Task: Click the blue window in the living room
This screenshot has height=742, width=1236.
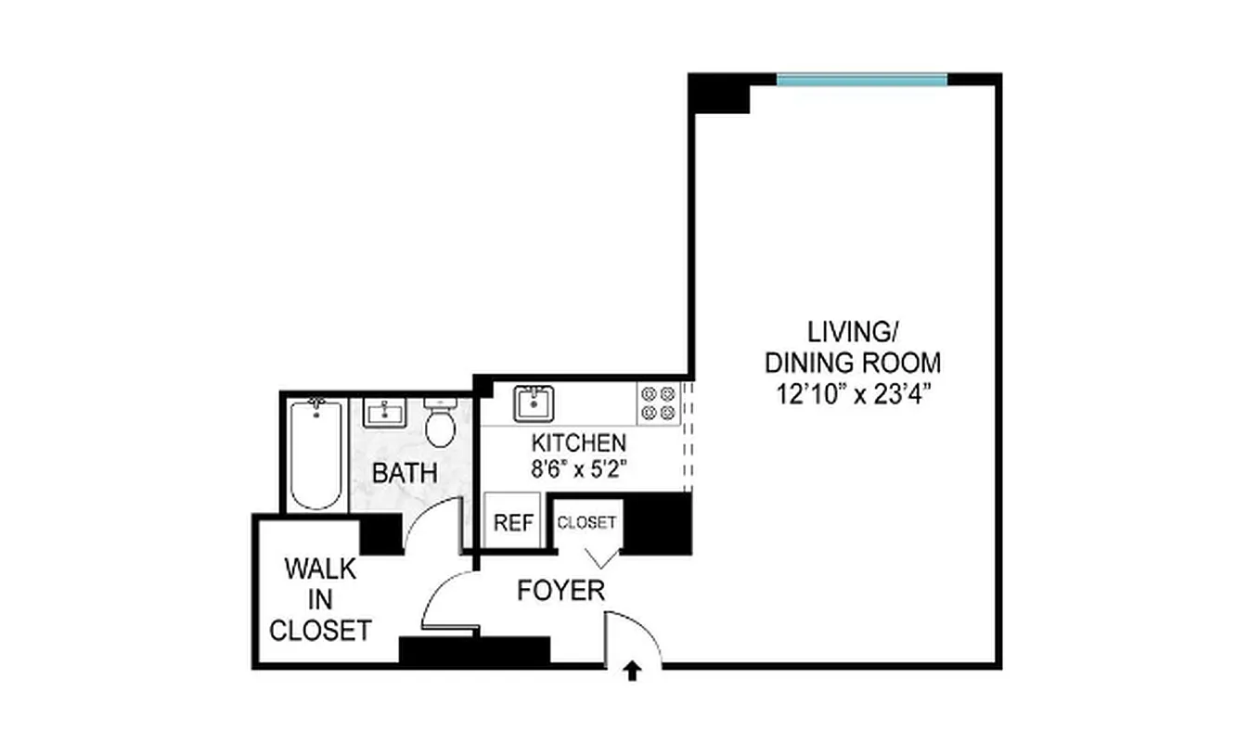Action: pyautogui.click(x=861, y=81)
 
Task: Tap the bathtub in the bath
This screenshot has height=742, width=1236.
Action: pyautogui.click(x=315, y=454)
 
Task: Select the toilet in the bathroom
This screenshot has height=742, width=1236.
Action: pyautogui.click(x=440, y=426)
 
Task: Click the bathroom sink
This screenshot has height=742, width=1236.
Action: pyautogui.click(x=382, y=412)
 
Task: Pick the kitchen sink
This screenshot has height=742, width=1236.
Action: pyautogui.click(x=533, y=403)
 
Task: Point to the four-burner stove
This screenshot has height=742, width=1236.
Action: pyautogui.click(x=657, y=403)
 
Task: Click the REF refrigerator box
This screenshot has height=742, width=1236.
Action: pyautogui.click(x=513, y=523)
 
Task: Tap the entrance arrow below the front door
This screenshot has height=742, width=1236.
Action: pyautogui.click(x=633, y=672)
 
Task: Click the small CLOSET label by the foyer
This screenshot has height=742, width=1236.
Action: pyautogui.click(x=586, y=522)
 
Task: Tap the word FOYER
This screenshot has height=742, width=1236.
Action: pyautogui.click(x=561, y=590)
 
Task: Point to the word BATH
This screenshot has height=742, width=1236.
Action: pyautogui.click(x=405, y=472)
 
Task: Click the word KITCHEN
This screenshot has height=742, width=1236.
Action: pyautogui.click(x=578, y=442)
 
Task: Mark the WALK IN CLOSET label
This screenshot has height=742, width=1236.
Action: pyautogui.click(x=320, y=599)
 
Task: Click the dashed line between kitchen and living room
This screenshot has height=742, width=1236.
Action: pyautogui.click(x=687, y=436)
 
